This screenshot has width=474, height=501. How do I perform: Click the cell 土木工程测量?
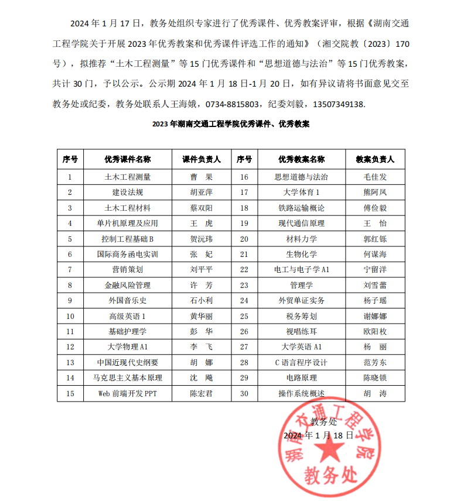coord(127,177)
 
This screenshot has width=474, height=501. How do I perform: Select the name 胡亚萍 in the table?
coord(202,192)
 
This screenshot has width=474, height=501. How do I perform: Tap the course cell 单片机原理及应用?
coord(127,223)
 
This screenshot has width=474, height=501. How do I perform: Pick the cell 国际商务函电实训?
coord(127,254)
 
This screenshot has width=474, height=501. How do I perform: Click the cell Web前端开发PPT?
coord(127,393)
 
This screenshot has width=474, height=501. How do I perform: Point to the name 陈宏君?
coord(202,393)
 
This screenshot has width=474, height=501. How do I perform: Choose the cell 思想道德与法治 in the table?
coord(301,177)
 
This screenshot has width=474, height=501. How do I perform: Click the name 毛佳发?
coord(375,177)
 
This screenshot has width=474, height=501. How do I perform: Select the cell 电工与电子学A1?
coord(301,270)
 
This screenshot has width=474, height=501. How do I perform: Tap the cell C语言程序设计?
coord(301,362)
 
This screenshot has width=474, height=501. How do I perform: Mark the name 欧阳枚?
coord(375,331)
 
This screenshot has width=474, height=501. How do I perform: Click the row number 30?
coord(244,393)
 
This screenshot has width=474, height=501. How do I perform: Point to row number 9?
coord(70,300)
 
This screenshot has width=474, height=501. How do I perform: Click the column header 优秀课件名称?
coord(127,159)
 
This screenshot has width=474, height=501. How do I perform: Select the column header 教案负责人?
coord(375,159)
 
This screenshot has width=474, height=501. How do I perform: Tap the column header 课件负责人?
coord(202,159)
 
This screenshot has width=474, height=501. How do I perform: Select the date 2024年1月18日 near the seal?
coord(318,436)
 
